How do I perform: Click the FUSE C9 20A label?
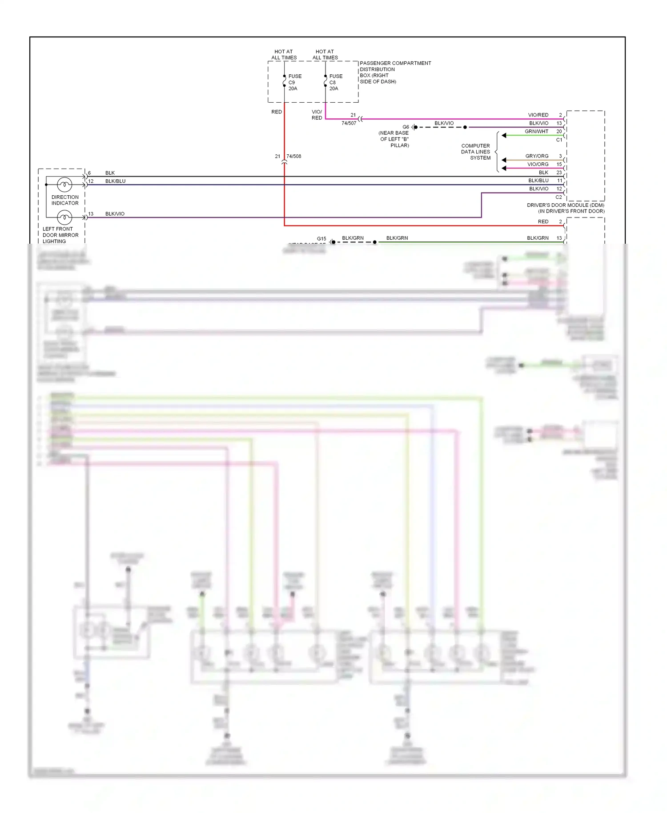[294, 82]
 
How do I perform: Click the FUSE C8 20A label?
[335, 82]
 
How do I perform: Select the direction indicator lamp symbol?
[64, 185]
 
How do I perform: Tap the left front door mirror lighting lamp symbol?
[64, 217]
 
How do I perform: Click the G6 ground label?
[406, 127]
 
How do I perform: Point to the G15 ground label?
[321, 239]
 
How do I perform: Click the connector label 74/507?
[349, 123]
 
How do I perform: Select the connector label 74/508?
[293, 157]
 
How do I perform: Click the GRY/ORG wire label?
[537, 156]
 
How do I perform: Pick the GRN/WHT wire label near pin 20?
[536, 132]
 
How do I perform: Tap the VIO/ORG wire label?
[538, 165]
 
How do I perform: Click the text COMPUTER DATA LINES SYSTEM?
[475, 152]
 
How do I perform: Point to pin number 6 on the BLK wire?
[89, 173]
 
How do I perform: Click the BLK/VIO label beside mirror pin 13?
[115, 214]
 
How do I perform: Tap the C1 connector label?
[559, 140]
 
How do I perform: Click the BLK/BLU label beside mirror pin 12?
[115, 181]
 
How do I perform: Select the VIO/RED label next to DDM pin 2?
[538, 115]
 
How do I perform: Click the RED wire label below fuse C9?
[277, 112]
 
